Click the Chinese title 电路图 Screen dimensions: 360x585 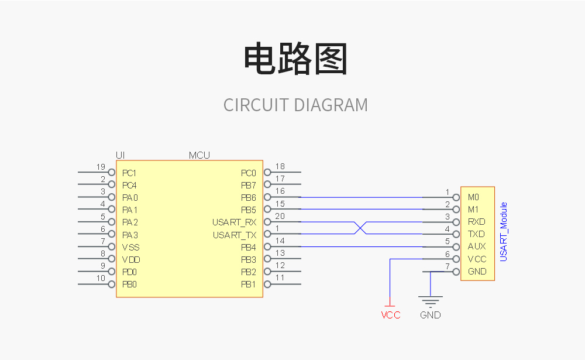pos(295,59)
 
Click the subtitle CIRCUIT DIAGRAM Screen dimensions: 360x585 pos(295,105)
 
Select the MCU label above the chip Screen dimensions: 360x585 pos(199,155)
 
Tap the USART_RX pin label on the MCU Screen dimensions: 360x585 pos(235,222)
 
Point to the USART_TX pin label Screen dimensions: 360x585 pos(235,235)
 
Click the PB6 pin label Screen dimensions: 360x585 pos(249,198)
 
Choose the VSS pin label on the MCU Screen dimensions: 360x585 pos(131,247)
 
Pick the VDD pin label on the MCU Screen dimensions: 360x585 pos(131,259)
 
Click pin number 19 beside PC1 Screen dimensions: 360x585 pos(101,167)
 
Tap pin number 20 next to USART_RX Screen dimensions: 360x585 pos(280,217)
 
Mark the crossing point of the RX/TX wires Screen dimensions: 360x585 pos(360,228)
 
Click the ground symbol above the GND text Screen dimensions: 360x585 pos(431,301)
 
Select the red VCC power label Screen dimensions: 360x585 pos(391,315)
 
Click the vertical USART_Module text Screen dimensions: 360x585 pos(504,232)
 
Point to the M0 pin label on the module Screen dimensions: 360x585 pos(473,197)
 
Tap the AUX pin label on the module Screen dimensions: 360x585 pos(477,246)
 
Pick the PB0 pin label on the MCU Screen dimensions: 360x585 pos(130,284)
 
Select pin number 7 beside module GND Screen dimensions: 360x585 pos(448,266)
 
